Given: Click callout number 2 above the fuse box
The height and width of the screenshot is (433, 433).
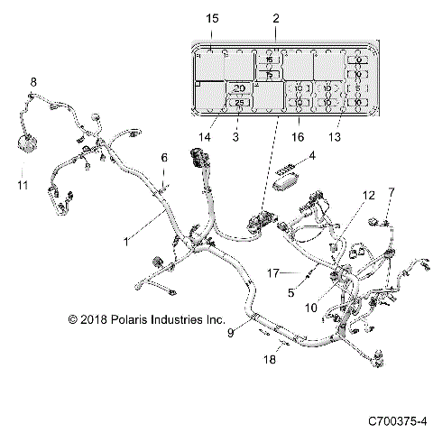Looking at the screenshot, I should (x=275, y=18).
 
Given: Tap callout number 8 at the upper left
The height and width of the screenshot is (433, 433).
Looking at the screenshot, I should (x=33, y=83).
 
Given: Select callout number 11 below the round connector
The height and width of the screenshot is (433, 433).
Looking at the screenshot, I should (x=23, y=185).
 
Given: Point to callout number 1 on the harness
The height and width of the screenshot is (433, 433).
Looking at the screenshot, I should (x=127, y=242).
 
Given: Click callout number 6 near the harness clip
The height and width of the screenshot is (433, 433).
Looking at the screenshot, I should (x=164, y=158).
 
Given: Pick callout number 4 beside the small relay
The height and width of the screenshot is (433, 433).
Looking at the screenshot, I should (x=312, y=156).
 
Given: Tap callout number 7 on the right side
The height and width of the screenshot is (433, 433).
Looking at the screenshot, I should (x=391, y=192).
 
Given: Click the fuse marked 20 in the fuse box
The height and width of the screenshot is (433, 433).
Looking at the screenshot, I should (x=239, y=88).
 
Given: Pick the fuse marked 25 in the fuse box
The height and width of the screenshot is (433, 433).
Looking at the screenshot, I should (x=239, y=103).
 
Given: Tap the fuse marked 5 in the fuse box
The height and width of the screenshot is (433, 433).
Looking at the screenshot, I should (x=358, y=88).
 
